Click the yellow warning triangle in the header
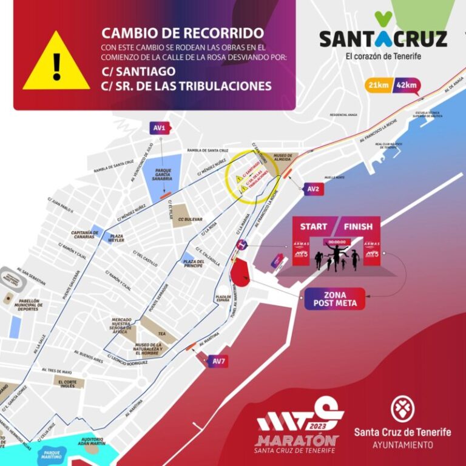point(56,63)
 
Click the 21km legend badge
point(377,86)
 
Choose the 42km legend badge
point(405,86)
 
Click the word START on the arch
point(314,227)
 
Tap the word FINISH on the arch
point(358,227)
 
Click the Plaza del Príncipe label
point(192,262)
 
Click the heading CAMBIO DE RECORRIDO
point(183,33)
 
